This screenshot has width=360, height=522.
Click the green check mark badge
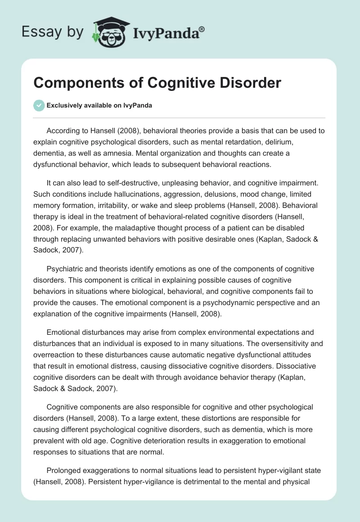(x=39, y=105)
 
